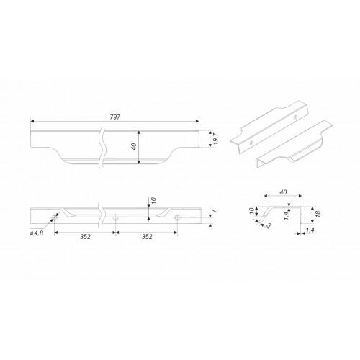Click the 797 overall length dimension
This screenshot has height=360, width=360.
(x=115, y=117)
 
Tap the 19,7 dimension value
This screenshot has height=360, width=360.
(x=215, y=139)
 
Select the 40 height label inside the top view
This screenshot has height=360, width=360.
(x=134, y=146)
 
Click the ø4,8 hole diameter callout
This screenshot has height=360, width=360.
(x=37, y=233)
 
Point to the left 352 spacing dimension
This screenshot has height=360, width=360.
(x=85, y=237)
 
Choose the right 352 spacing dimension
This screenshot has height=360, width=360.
(x=147, y=237)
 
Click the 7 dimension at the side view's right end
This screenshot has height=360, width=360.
(x=215, y=211)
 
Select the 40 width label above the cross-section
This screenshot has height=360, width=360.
(x=283, y=192)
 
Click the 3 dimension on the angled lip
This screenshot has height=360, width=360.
(x=269, y=225)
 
